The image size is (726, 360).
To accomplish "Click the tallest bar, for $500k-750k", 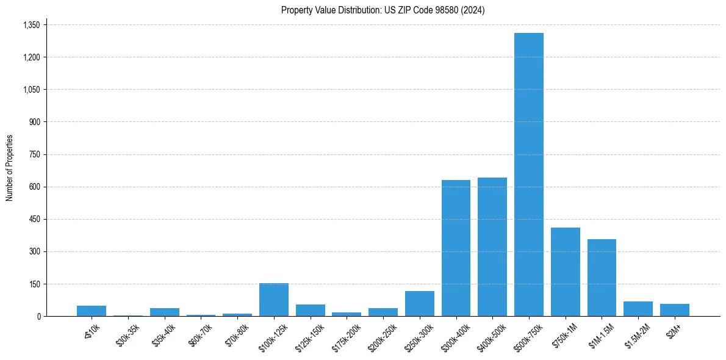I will click(x=528, y=175).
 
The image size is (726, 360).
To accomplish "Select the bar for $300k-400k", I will click(x=456, y=248).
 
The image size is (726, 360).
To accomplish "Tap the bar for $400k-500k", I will click(x=492, y=247).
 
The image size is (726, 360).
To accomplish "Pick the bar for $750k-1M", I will click(x=565, y=272).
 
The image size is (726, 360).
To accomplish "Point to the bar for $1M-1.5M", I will click(x=602, y=278).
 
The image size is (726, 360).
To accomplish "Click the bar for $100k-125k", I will click(x=273, y=300).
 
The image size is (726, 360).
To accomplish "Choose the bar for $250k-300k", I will click(x=419, y=303).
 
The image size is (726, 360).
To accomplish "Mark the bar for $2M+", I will click(x=674, y=310).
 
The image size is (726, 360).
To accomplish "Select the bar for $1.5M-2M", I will click(x=638, y=309).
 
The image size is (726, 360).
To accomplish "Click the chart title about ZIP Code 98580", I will click(x=383, y=10).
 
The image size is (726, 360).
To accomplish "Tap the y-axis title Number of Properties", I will click(x=9, y=168).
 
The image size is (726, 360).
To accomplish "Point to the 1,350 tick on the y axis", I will click(x=31, y=25).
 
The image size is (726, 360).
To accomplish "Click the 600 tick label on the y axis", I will click(x=34, y=187).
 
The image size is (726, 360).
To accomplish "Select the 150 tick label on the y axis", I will click(x=34, y=284).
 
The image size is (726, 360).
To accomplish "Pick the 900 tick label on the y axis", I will click(x=34, y=122).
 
